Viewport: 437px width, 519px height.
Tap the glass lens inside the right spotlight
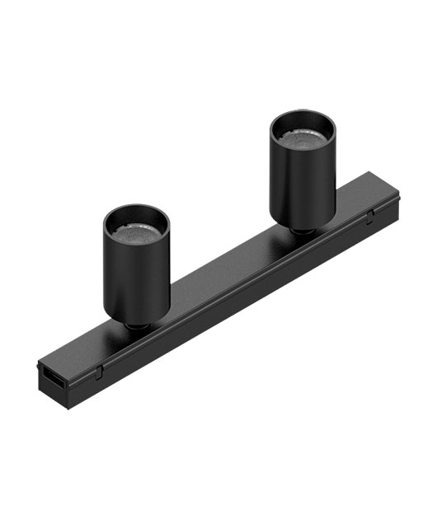coord(303,138)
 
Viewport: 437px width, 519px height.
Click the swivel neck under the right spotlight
coord(304,231)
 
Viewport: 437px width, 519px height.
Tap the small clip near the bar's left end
coord(97,372)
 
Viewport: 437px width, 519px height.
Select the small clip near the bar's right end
coord(370,215)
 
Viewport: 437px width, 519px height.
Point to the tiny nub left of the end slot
coord(39,373)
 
